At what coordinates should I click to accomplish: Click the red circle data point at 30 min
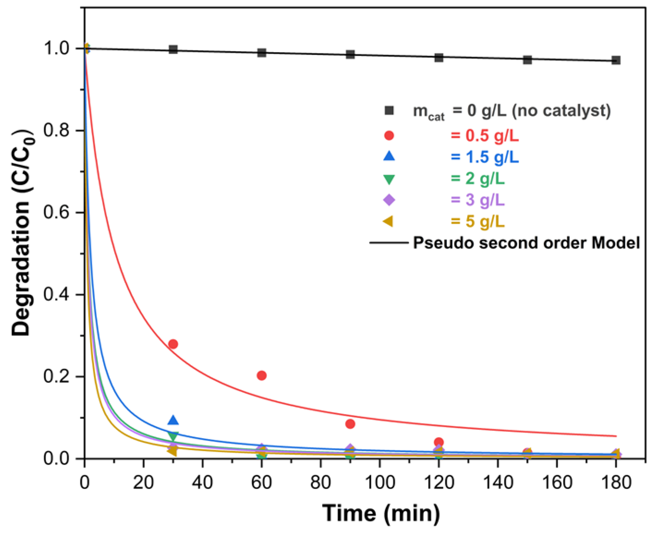point(173,344)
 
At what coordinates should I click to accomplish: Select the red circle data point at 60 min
point(261,376)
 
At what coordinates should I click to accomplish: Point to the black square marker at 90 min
point(350,55)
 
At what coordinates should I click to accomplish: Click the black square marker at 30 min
point(173,49)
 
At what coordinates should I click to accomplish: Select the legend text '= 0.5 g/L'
point(485,136)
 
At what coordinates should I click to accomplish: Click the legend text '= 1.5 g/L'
point(485,157)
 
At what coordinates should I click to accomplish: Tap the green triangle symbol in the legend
point(389,179)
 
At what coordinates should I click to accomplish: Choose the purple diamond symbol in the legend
point(389,200)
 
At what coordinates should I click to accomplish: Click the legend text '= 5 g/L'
point(478,221)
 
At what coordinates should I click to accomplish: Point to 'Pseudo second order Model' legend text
point(527,243)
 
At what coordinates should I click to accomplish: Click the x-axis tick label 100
point(380,483)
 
